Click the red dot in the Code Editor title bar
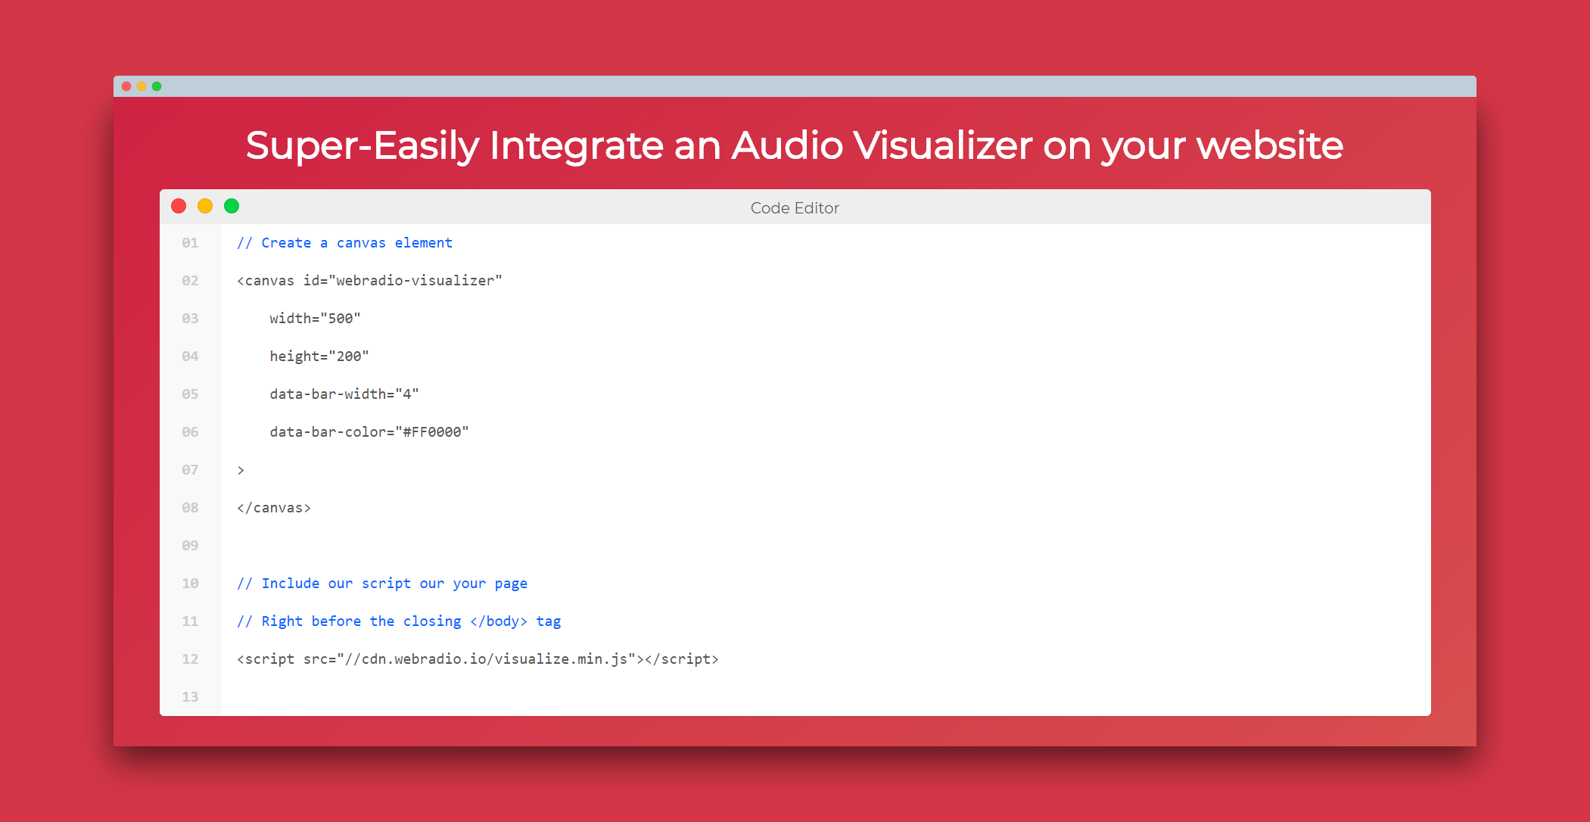coord(179,206)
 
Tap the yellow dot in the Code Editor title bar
coord(205,206)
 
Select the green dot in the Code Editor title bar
coord(232,206)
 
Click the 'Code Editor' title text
coord(795,208)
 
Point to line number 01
coord(190,243)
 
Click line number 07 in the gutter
coord(190,470)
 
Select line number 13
coord(190,697)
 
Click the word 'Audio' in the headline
coord(787,145)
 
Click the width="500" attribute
coord(315,319)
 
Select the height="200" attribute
coord(319,357)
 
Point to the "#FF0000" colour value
coord(432,432)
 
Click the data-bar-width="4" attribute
coord(344,394)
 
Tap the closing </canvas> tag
coord(274,508)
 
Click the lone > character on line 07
coord(241,470)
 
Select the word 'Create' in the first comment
coord(286,243)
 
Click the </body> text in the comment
coord(499,621)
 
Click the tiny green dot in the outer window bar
coord(157,86)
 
